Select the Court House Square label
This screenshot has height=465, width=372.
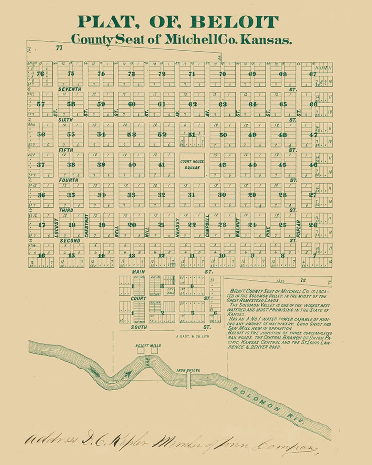(x=192, y=165)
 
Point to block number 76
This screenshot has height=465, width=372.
(x=40, y=74)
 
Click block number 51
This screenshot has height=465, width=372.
(x=192, y=135)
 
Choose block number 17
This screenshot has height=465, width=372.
(x=42, y=225)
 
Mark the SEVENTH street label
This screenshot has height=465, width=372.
(x=70, y=89)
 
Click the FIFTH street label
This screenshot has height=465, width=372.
(x=66, y=150)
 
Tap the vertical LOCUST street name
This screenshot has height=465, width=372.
(x=56, y=228)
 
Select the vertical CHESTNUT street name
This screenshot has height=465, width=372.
(x=86, y=226)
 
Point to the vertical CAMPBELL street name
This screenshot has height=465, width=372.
(x=207, y=226)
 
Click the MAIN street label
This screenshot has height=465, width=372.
(x=138, y=272)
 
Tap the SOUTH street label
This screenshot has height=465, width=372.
(x=139, y=327)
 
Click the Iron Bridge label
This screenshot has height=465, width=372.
(x=188, y=370)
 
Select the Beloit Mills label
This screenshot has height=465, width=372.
(x=148, y=345)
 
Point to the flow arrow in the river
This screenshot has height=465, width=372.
(x=127, y=373)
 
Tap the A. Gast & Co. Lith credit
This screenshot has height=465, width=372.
(x=192, y=336)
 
